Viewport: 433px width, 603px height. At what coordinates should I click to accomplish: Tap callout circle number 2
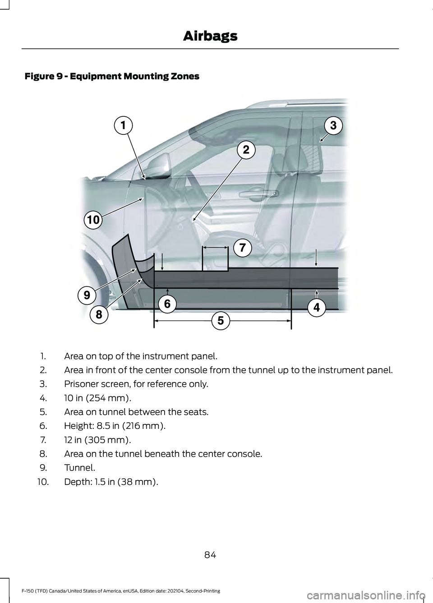(x=246, y=149)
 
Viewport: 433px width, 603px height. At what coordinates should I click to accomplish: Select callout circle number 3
(x=333, y=125)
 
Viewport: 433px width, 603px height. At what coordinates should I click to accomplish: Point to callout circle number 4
(x=317, y=308)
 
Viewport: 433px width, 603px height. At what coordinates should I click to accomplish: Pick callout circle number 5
(x=221, y=321)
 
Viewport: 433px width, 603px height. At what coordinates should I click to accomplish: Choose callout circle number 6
(x=167, y=304)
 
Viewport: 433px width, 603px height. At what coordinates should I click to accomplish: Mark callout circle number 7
(x=242, y=247)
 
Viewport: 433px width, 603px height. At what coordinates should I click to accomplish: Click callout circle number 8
(x=98, y=314)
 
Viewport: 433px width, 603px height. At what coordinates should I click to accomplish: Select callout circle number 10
(x=93, y=220)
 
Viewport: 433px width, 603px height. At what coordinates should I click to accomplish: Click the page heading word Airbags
(x=210, y=36)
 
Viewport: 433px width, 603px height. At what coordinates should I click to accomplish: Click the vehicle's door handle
(x=258, y=194)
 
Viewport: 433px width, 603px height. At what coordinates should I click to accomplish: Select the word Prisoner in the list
(x=81, y=384)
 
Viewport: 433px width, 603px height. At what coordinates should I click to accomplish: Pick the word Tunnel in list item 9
(x=78, y=468)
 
